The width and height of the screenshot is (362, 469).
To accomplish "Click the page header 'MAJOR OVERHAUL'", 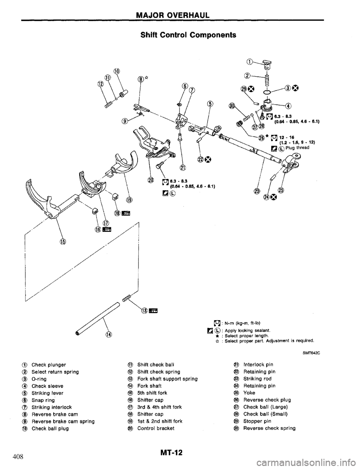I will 181,15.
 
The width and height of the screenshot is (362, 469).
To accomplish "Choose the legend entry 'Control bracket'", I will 151,428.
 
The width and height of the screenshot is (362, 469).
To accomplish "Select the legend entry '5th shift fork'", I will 149,393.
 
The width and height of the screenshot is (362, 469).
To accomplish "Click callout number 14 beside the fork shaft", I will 109,334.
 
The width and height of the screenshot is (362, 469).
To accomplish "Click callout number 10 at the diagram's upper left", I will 117,71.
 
